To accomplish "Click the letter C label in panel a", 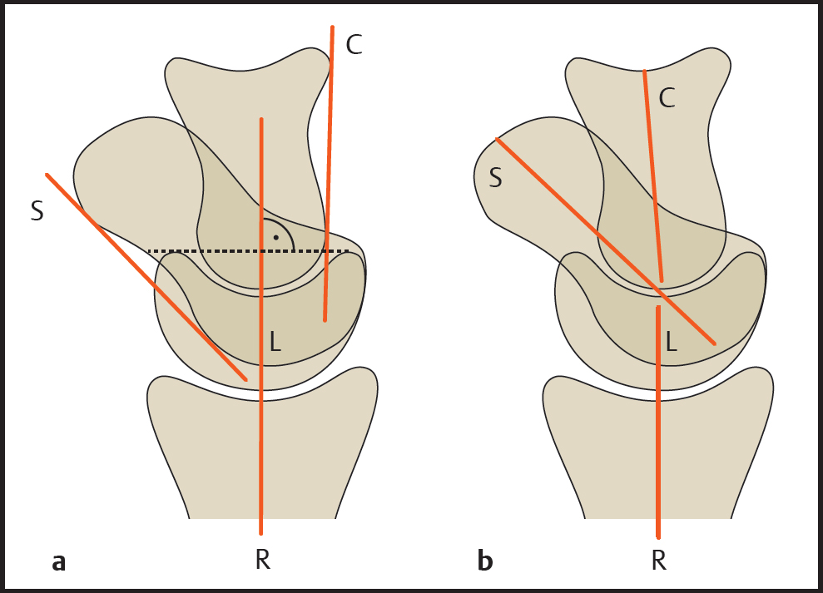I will click(354, 45).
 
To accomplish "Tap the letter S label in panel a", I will click(37, 211).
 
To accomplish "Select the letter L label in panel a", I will click(275, 341).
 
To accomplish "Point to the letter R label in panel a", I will click(262, 561).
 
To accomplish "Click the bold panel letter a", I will click(58, 562).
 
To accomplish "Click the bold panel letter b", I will click(485, 561).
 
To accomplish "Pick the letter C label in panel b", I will click(667, 98).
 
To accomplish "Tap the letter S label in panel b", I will click(495, 177).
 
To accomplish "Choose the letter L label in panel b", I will click(671, 341).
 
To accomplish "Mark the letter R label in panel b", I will click(658, 561).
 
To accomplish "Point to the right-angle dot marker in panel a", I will click(275, 238).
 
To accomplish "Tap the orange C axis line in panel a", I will click(329, 166).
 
